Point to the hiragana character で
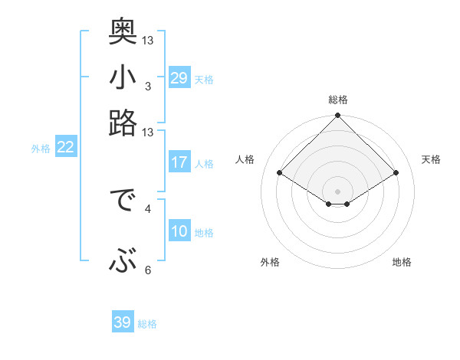(123, 204)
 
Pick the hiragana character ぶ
(123, 261)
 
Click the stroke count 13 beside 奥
(148, 40)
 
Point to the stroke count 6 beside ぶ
(148, 270)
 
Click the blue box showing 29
(179, 79)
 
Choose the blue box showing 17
(179, 162)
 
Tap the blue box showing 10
(179, 232)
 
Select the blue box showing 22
(65, 148)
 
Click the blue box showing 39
(122, 322)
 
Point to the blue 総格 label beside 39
(147, 324)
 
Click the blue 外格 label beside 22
(41, 149)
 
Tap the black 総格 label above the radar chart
(337, 100)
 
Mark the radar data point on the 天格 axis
(396, 173)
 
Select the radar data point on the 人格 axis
(280, 173)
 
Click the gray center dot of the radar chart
(337, 190)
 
